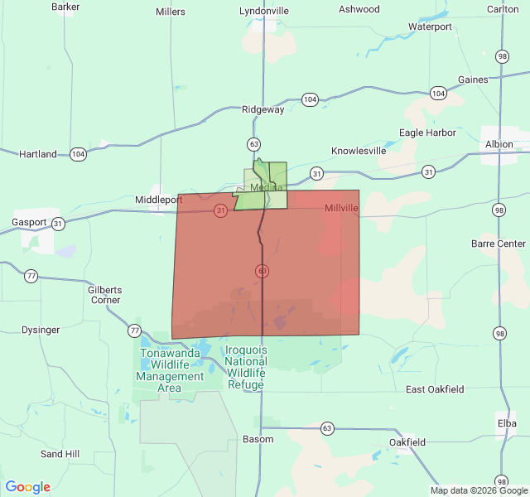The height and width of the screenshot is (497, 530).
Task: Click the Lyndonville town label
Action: pyautogui.click(x=264, y=11)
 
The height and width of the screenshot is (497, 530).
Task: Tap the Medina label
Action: pyautogui.click(x=267, y=188)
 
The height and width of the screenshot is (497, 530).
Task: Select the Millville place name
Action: pyautogui.click(x=341, y=208)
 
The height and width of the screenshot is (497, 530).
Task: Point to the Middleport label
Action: pyautogui.click(x=158, y=200)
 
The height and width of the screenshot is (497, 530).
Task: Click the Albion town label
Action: pyautogui.click(x=499, y=144)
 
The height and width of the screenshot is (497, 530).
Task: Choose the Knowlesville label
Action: pyautogui.click(x=359, y=152)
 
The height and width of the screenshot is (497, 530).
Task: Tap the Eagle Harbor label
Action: pyautogui.click(x=427, y=133)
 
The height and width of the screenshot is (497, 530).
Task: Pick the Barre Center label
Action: pyautogui.click(x=499, y=244)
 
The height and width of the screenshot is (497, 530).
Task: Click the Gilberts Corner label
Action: pyautogui.click(x=105, y=295)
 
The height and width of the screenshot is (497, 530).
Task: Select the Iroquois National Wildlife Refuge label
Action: pyautogui.click(x=246, y=367)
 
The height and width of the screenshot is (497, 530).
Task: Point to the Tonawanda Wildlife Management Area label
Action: pyautogui.click(x=170, y=370)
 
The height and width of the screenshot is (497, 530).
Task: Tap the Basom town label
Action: pyautogui.click(x=258, y=439)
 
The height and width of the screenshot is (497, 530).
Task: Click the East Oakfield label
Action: pyautogui.click(x=435, y=389)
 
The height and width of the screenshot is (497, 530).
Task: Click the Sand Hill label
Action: pyautogui.click(x=60, y=454)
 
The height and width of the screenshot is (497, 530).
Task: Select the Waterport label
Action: pyautogui.click(x=430, y=27)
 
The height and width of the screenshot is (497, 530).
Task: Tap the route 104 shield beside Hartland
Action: pyautogui.click(x=78, y=154)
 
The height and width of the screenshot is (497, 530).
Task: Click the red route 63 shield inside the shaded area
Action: pyautogui.click(x=262, y=271)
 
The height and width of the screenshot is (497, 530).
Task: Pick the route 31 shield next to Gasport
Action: pyautogui.click(x=58, y=223)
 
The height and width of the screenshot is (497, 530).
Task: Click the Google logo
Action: pyautogui.click(x=28, y=487)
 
